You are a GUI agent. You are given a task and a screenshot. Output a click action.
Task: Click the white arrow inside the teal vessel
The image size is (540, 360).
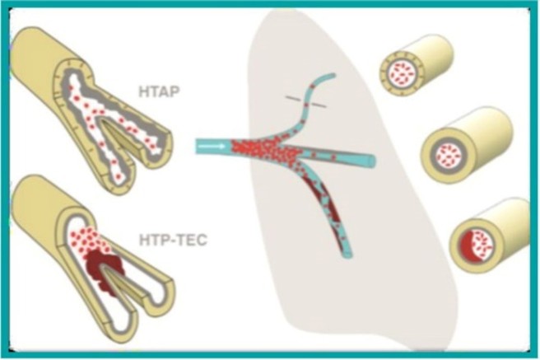click(x=212, y=147)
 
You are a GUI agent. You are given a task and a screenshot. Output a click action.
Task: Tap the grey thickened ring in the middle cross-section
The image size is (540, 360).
click(x=437, y=154)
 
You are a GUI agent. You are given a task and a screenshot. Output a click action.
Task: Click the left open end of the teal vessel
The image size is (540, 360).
click(x=198, y=147)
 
